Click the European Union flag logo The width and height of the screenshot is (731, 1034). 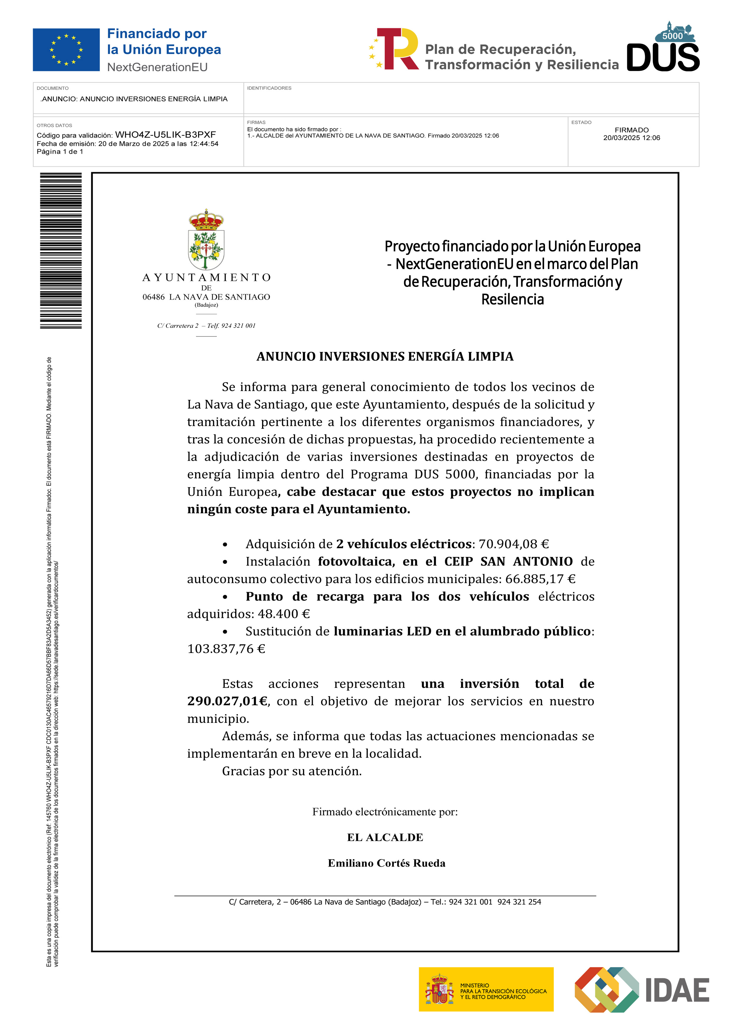tap(66, 50)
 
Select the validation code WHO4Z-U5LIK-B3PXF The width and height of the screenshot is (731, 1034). tap(165, 135)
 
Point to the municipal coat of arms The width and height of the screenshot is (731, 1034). tap(206, 240)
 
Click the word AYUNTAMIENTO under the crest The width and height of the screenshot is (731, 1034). tap(206, 277)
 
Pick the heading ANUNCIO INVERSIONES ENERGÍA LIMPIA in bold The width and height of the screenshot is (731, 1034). tap(385, 356)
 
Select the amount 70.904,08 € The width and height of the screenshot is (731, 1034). tap(513, 544)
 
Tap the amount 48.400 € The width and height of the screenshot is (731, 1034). tap(284, 614)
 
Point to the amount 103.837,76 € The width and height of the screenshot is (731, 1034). tap(226, 649)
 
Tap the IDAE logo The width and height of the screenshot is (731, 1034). tap(642, 989)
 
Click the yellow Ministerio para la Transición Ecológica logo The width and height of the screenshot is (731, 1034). tap(486, 989)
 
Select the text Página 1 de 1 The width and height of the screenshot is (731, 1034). tap(60, 152)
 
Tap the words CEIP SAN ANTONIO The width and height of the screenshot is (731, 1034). tap(508, 562)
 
